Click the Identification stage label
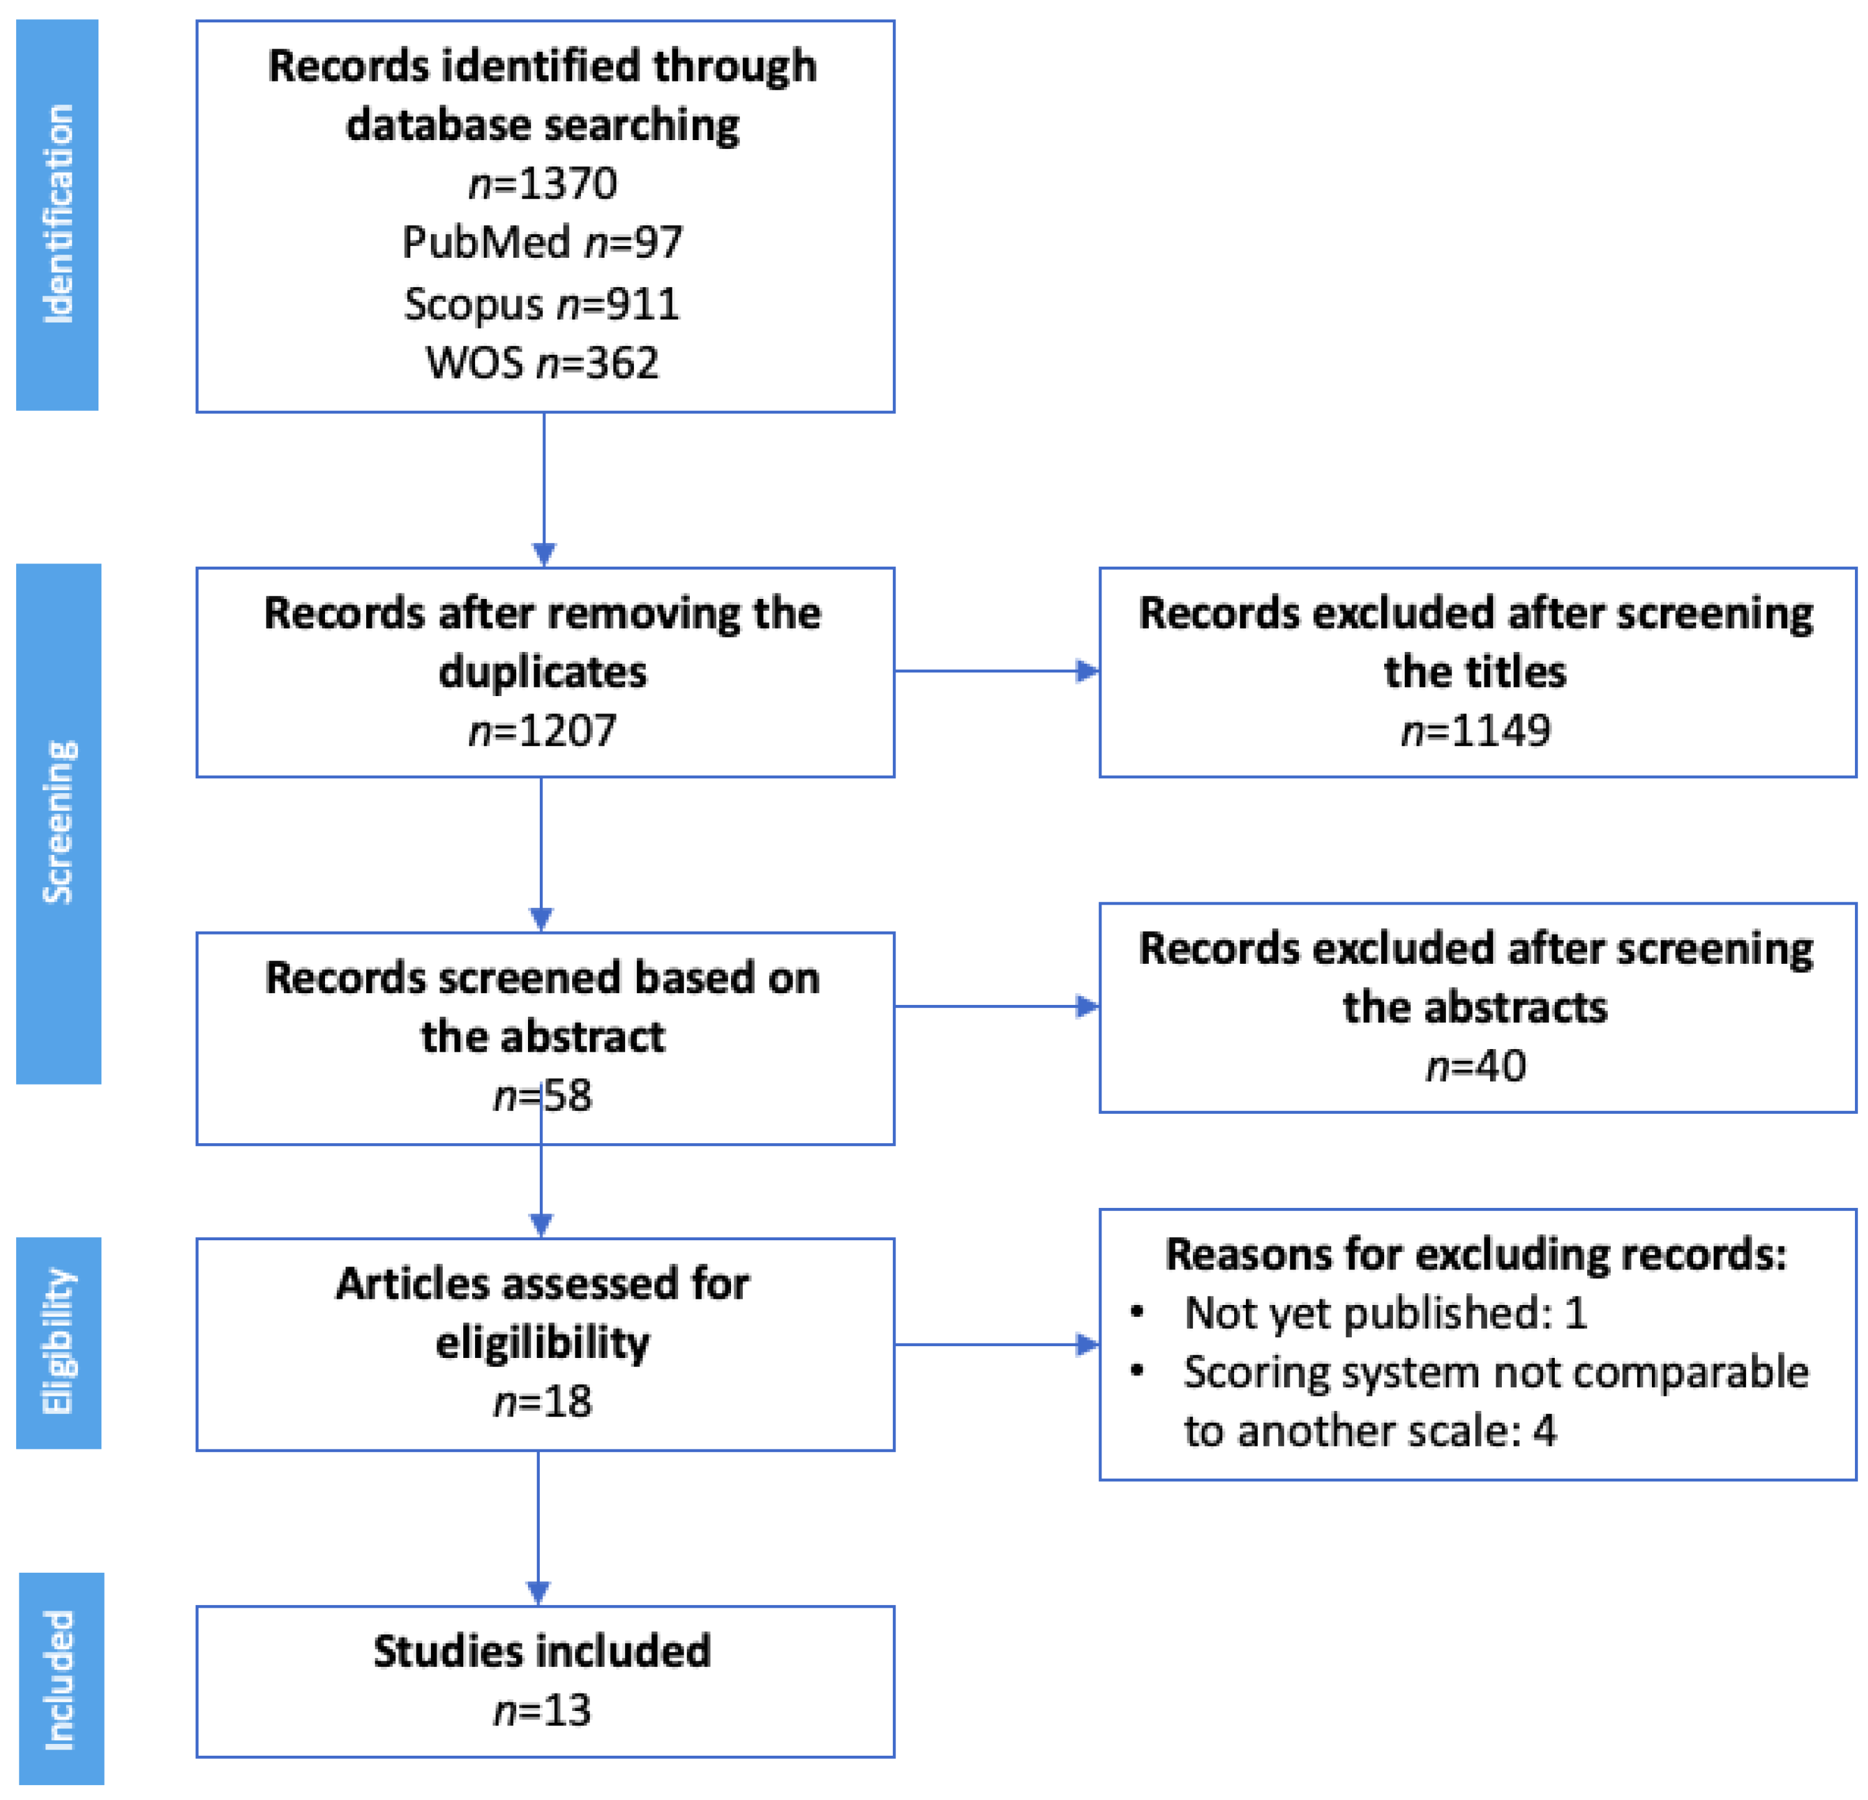tap(58, 214)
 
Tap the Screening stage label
tap(58, 822)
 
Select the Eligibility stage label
tap(58, 1342)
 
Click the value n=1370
tap(543, 183)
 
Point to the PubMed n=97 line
tap(542, 242)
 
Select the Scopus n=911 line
tap(542, 304)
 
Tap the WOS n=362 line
tap(542, 363)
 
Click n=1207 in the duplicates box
tap(543, 731)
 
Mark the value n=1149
tap(1475, 731)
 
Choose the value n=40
tap(1475, 1065)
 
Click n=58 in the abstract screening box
tap(543, 1096)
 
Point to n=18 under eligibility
tap(543, 1402)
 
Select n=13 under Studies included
tap(543, 1710)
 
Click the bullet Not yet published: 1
tap(1384, 1313)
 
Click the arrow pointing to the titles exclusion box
tap(996, 671)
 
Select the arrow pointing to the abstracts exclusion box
tap(996, 1006)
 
